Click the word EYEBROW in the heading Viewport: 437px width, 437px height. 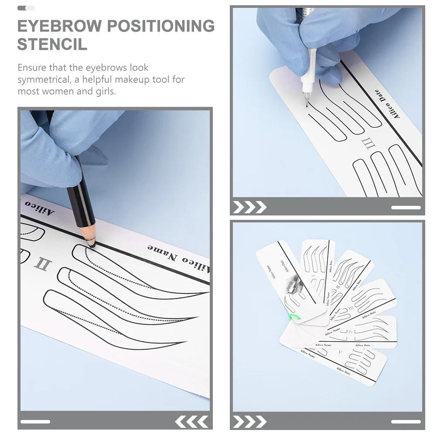point(58,26)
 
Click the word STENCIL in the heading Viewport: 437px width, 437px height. point(52,44)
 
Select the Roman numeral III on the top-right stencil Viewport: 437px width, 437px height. point(368,143)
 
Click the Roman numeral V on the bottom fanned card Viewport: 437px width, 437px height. point(341,351)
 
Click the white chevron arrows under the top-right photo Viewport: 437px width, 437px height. point(249,207)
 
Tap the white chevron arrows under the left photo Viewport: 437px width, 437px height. point(192,421)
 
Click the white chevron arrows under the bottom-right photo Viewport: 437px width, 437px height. point(249,421)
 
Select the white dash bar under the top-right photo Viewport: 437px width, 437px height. point(406,208)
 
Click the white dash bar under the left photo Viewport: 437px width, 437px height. point(35,422)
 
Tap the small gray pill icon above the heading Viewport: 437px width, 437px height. point(26,8)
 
